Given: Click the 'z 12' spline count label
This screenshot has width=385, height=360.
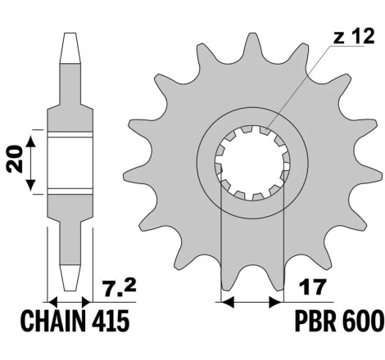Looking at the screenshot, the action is [x=354, y=37].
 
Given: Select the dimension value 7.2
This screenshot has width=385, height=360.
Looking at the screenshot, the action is [x=120, y=288].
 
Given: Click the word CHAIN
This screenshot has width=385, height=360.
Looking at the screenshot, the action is [x=52, y=321].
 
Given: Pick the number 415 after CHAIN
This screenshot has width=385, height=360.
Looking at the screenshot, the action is [x=110, y=321].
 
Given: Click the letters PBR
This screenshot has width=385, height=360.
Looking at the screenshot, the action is [x=316, y=321].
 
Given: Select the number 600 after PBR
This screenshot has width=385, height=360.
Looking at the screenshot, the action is [x=361, y=321].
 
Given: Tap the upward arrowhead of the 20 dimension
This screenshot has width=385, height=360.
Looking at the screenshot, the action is [x=31, y=141].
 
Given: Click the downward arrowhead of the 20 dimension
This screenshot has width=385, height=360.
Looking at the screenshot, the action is [x=31, y=184].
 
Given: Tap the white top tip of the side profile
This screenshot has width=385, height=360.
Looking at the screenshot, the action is [x=70, y=48].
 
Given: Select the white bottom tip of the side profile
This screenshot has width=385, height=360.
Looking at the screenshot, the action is [x=70, y=277].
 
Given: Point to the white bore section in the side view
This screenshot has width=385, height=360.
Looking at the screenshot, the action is [x=70, y=162].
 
